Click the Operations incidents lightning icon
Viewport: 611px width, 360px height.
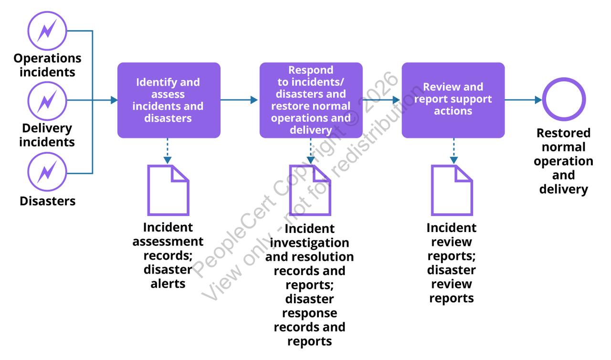pos(47,31)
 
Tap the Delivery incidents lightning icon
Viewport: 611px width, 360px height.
pos(47,101)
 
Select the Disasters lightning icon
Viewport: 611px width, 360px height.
pos(47,171)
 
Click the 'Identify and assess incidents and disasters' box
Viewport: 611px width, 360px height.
pos(169,100)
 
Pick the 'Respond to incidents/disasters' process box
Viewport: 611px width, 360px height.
pos(311,100)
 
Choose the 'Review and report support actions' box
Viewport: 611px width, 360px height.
pos(453,100)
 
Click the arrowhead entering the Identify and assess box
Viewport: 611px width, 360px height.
pos(114,100)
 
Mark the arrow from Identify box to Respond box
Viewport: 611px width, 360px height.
pos(239,100)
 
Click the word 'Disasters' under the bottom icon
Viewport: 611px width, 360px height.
pos(47,201)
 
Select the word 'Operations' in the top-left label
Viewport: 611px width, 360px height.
pos(47,58)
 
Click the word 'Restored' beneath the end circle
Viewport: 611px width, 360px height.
pos(564,133)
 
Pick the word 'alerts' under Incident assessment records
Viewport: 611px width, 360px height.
pos(168,284)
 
